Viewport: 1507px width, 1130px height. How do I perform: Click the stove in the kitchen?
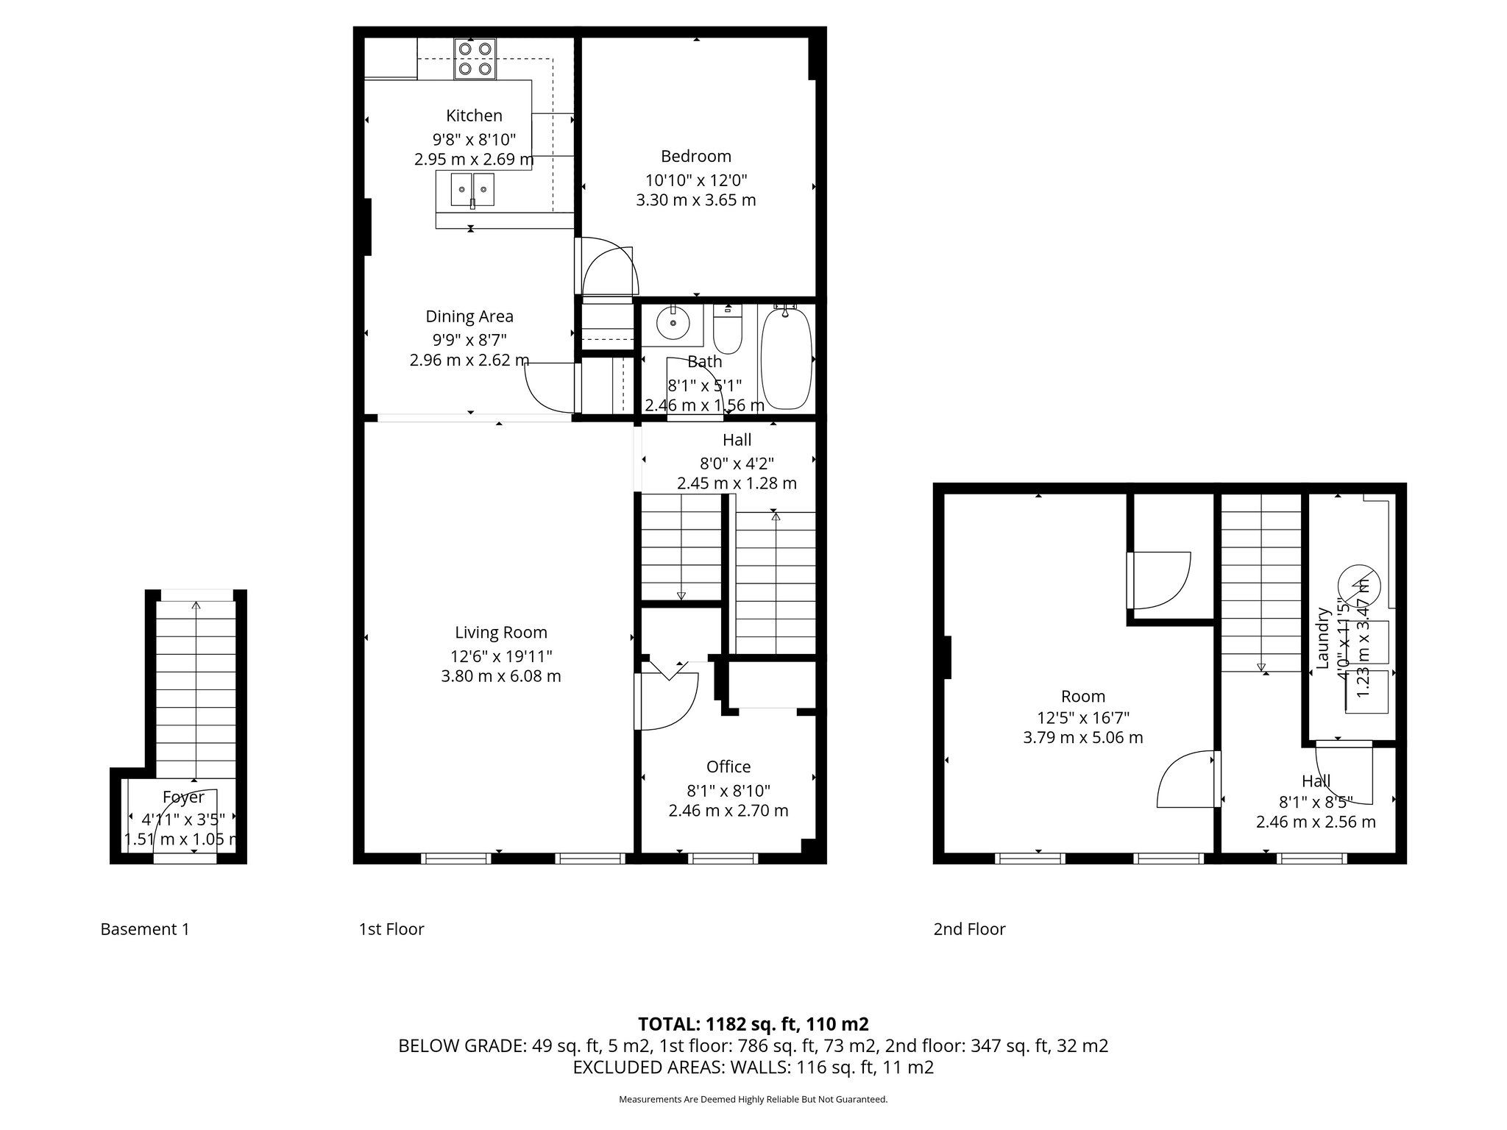pyautogui.click(x=475, y=60)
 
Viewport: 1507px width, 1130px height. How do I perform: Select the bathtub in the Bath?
pyautogui.click(x=786, y=358)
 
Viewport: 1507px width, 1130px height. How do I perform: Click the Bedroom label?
pyautogui.click(x=695, y=156)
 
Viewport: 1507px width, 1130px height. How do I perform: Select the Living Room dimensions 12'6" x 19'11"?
pyautogui.click(x=500, y=655)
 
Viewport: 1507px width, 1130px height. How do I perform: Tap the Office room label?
pyautogui.click(x=728, y=767)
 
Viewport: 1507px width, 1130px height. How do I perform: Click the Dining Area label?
pyautogui.click(x=469, y=316)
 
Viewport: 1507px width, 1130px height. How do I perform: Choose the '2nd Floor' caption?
pyautogui.click(x=969, y=929)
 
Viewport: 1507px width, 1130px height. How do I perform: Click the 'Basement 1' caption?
pyautogui.click(x=145, y=929)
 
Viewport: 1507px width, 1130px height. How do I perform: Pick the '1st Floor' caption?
pyautogui.click(x=391, y=929)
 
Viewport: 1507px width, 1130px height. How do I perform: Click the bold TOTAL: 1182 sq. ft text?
pyautogui.click(x=753, y=1024)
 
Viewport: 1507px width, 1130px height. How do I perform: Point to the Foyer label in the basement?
pyautogui.click(x=183, y=797)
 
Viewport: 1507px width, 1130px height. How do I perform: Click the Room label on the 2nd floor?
pyautogui.click(x=1082, y=696)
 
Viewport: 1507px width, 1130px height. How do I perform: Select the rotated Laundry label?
pyautogui.click(x=1322, y=638)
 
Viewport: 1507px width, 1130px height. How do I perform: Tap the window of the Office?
pyautogui.click(x=723, y=858)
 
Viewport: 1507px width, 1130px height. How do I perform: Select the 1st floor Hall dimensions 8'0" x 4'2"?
pyautogui.click(x=736, y=463)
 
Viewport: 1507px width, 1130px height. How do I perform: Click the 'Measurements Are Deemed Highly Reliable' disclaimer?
pyautogui.click(x=753, y=1100)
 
